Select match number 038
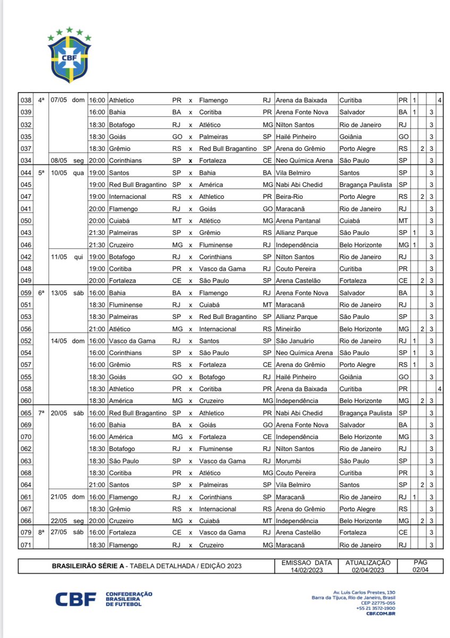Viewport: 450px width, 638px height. coord(26,100)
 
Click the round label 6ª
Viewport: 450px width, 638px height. coord(41,293)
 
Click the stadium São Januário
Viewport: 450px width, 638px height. coord(294,341)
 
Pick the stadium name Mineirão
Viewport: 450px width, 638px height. coord(290,329)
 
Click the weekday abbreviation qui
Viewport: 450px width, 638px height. coord(79,257)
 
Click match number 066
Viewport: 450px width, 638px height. coord(26,521)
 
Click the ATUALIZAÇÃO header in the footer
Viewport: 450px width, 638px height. coord(368,562)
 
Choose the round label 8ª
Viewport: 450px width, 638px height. coord(41,533)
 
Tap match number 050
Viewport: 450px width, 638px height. coord(26,221)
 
